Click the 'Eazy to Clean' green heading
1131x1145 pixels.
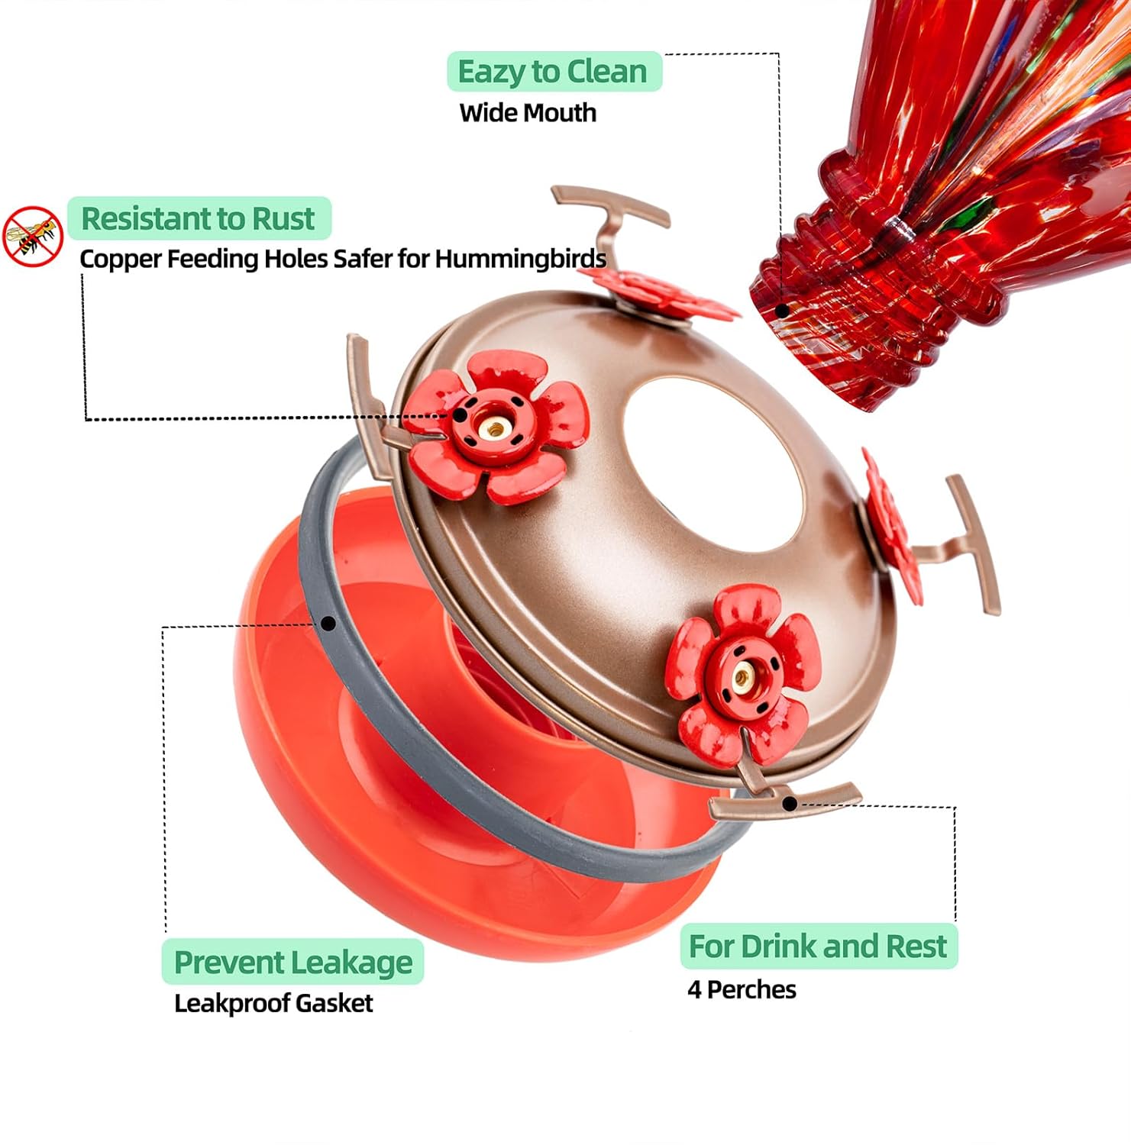click(x=553, y=72)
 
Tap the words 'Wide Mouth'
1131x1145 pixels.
click(x=528, y=113)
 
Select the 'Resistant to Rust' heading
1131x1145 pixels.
click(x=198, y=218)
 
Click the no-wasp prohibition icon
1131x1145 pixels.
click(x=32, y=237)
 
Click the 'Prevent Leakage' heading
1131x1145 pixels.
click(x=292, y=962)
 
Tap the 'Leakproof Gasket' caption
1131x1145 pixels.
click(x=273, y=1002)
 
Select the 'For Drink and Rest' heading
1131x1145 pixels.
click(x=818, y=947)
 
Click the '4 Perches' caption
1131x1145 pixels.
click(x=742, y=989)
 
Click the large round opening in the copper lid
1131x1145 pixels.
click(x=714, y=463)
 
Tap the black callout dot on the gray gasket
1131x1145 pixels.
click(x=328, y=624)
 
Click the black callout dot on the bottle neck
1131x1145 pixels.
click(x=782, y=311)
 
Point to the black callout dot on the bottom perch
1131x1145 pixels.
click(x=790, y=803)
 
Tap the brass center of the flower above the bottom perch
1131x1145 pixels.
click(x=740, y=676)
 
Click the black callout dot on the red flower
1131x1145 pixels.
click(x=460, y=415)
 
